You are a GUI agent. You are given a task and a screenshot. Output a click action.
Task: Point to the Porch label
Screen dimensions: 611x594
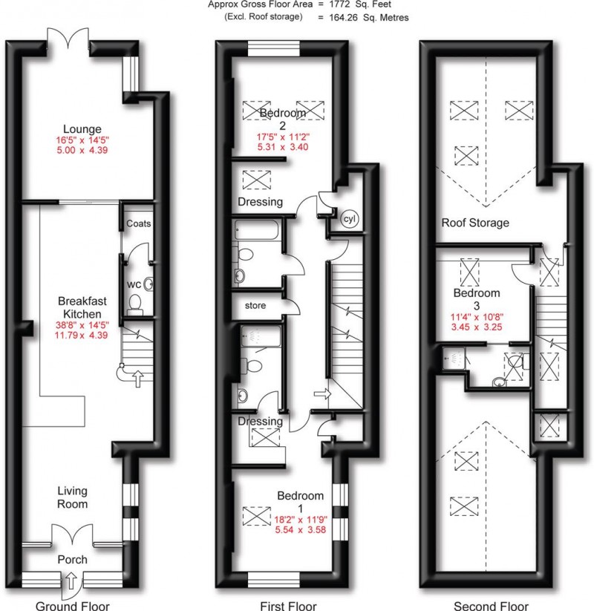tap(72, 559)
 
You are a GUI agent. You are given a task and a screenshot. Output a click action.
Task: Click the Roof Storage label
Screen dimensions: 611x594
tap(475, 222)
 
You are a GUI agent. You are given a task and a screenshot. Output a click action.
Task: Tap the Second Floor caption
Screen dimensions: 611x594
tap(492, 604)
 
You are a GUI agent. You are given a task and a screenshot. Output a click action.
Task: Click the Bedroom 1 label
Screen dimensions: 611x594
tap(300, 502)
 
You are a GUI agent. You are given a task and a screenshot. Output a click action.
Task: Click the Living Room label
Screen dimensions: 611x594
tap(72, 497)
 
